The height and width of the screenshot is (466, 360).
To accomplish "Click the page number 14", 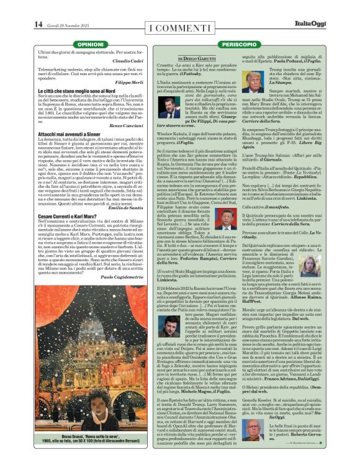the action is coord(38,24).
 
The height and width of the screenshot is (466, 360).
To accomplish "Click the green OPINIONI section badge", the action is coord(92,45).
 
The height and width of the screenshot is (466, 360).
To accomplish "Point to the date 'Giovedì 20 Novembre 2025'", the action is coord(68,25).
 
